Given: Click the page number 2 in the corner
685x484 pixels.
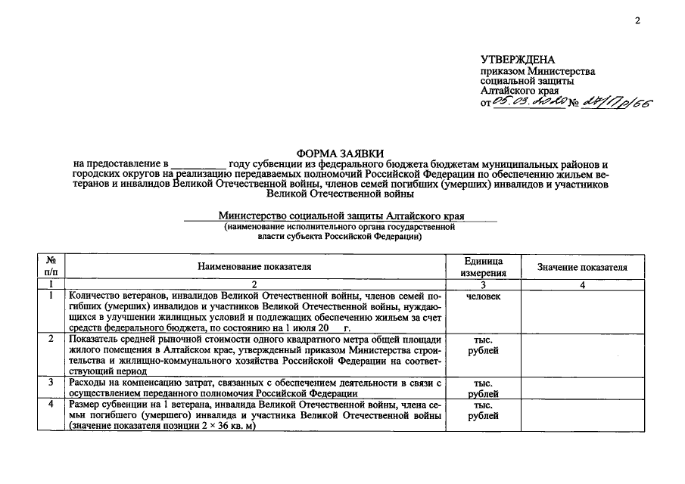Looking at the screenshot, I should (x=637, y=20).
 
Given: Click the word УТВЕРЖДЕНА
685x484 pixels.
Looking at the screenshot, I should (x=517, y=60).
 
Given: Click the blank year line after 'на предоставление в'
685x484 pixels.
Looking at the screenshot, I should (x=198, y=163).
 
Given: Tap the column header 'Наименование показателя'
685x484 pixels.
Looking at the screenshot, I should (x=254, y=267).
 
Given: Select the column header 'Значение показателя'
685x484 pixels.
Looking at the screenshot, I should (x=582, y=267).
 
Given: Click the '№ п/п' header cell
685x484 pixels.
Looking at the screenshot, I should (x=51, y=267).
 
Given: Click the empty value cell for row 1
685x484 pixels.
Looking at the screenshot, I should (x=582, y=312).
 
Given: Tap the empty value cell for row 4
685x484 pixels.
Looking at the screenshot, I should (x=582, y=416).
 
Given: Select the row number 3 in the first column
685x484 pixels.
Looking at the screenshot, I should (x=51, y=383).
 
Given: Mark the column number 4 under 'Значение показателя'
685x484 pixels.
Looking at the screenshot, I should (x=582, y=285).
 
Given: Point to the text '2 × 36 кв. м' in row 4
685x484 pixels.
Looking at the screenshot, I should (x=226, y=427).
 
